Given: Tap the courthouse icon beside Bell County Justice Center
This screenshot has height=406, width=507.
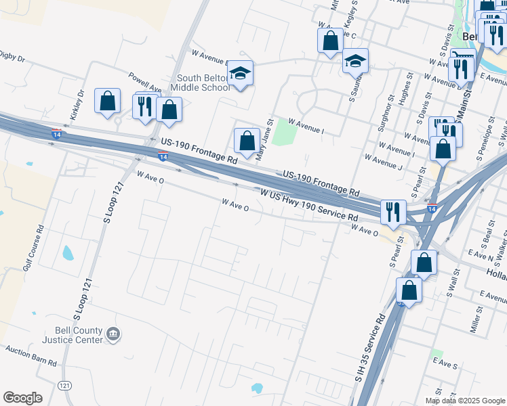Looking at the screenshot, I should tap(113, 334).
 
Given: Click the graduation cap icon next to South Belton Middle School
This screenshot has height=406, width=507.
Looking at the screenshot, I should tap(240, 72).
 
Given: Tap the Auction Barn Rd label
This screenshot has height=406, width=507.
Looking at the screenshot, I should tap(31, 356).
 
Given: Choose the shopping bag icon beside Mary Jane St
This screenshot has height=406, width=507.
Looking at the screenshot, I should tap(247, 141).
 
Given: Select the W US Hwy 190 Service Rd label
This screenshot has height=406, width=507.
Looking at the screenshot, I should tap(309, 204).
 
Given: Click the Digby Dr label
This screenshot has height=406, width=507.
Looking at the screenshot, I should tap(12, 56).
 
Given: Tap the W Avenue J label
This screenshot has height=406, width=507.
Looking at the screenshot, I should tap(383, 163).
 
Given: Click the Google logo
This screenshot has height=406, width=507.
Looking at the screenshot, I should tap(22, 398).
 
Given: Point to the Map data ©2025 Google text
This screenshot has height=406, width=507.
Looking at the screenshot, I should tap(465, 401).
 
